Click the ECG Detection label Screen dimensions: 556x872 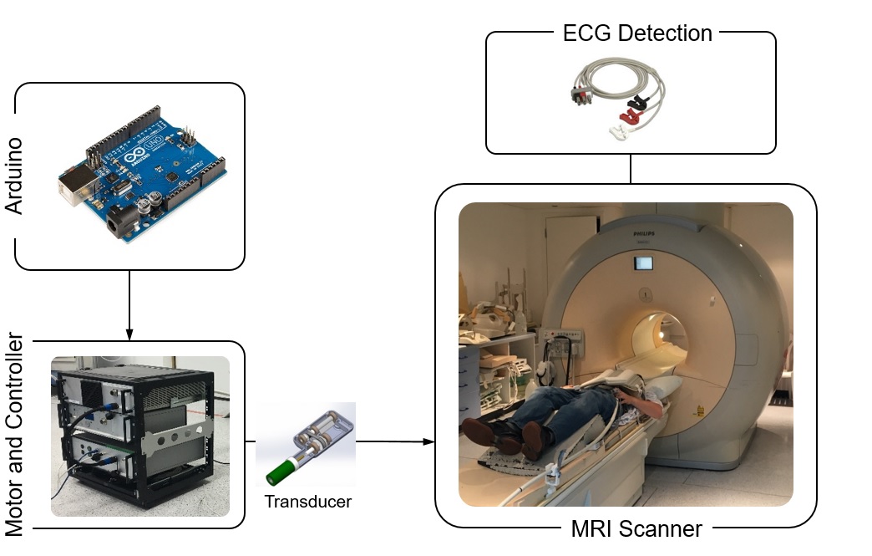(x=637, y=33)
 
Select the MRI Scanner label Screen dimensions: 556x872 (x=636, y=528)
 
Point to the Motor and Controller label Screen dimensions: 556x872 (x=15, y=435)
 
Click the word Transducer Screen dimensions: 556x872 (x=307, y=502)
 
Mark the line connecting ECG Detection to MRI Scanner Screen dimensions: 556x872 (x=631, y=169)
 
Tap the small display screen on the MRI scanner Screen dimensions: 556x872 (x=643, y=263)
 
